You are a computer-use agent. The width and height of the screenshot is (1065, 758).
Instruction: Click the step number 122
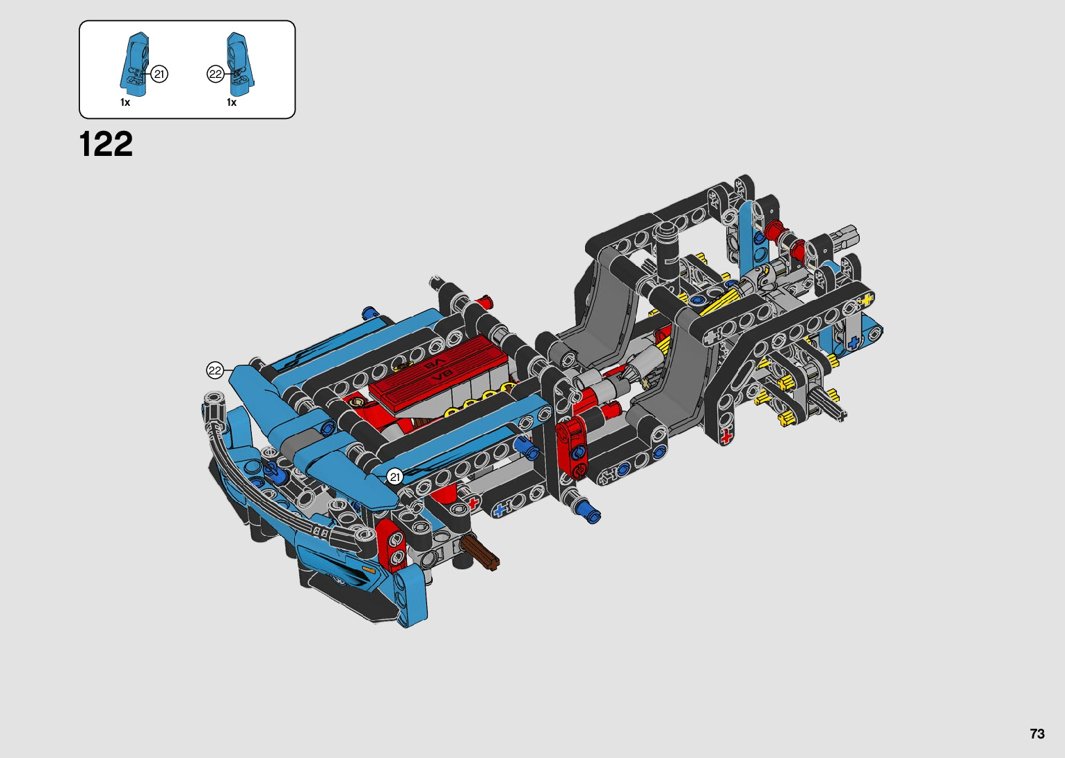pyautogui.click(x=106, y=143)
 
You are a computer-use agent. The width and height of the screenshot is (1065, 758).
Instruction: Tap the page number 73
pyautogui.click(x=1037, y=734)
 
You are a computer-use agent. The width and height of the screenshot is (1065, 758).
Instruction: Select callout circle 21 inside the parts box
pyautogui.click(x=159, y=74)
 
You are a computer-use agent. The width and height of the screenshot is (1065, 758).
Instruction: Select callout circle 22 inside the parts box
pyautogui.click(x=216, y=74)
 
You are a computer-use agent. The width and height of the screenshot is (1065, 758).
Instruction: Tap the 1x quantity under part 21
pyautogui.click(x=125, y=103)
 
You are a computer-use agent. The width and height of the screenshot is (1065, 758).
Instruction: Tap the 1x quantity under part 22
pyautogui.click(x=232, y=103)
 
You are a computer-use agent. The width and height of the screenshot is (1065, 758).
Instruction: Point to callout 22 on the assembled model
pyautogui.click(x=215, y=371)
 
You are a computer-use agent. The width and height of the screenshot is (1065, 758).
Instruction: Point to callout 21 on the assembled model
pyautogui.click(x=394, y=476)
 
